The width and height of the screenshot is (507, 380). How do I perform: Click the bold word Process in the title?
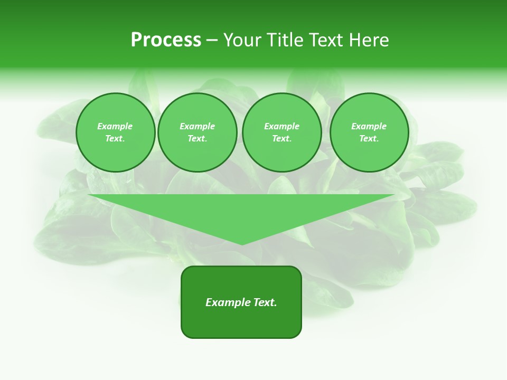click(166, 40)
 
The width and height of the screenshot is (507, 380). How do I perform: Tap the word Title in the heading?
click(285, 40)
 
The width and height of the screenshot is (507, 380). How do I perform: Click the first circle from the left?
click(115, 132)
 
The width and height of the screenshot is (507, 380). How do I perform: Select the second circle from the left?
click(197, 132)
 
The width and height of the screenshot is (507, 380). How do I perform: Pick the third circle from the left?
click(281, 132)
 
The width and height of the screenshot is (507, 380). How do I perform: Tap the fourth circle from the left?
click(369, 132)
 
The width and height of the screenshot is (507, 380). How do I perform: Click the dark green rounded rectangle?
click(241, 322)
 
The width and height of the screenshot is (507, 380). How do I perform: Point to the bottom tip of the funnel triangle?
click(242, 244)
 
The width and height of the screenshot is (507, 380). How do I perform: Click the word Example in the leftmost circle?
click(115, 126)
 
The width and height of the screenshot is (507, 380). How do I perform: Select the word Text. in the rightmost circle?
click(369, 139)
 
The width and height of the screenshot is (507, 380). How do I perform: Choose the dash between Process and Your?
click(212, 40)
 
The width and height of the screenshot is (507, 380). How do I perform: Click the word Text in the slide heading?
click(325, 40)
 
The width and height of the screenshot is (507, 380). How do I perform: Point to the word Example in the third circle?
click(281, 126)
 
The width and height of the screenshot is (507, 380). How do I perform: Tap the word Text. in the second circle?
click(197, 139)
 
